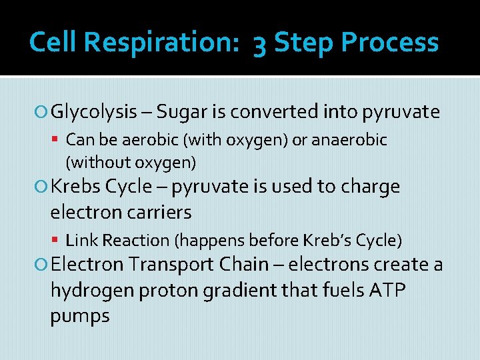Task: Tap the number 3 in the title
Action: coord(260,44)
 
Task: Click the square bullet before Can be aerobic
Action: coord(59,141)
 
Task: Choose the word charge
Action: coord(370,187)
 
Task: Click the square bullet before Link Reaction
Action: coord(59,240)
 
